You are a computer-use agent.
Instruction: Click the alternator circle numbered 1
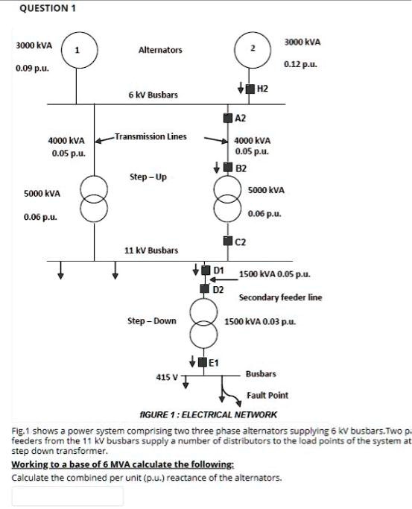[78, 50]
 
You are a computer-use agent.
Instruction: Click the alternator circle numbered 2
[253, 49]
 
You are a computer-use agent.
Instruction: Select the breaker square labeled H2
[252, 89]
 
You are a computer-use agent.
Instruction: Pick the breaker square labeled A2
[227, 118]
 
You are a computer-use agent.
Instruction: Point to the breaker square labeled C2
[227, 240]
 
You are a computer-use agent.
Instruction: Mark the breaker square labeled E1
[202, 363]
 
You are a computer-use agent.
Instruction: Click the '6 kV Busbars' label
[153, 95]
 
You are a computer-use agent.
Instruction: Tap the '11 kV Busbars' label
[151, 250]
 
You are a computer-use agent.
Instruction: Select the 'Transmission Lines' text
[150, 136]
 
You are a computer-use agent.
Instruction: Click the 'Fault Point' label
[267, 395]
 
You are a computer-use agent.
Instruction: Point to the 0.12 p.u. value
[301, 66]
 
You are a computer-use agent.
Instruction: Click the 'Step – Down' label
[151, 321]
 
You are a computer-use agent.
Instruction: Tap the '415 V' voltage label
[166, 377]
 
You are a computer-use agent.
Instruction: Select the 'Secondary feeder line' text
[280, 297]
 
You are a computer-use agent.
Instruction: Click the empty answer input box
[68, 496]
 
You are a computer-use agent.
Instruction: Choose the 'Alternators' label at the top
[159, 50]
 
